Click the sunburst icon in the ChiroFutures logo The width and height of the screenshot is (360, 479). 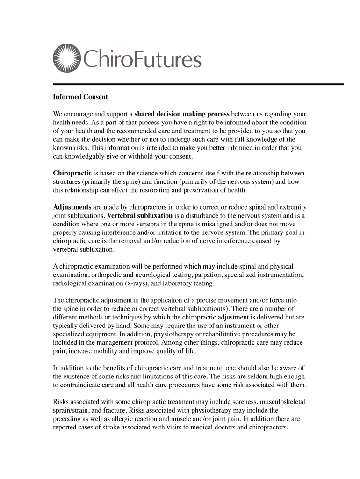(x=67, y=59)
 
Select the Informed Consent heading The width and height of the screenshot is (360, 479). (x=80, y=97)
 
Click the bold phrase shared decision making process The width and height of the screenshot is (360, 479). (x=182, y=114)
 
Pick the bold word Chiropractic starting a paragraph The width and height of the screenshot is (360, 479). (x=72, y=174)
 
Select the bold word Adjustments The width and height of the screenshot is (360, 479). (x=72, y=207)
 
